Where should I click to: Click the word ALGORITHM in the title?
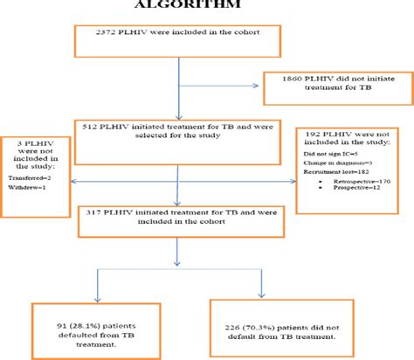click(x=207, y=5)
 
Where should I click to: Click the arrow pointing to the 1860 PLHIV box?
click(x=253, y=85)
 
